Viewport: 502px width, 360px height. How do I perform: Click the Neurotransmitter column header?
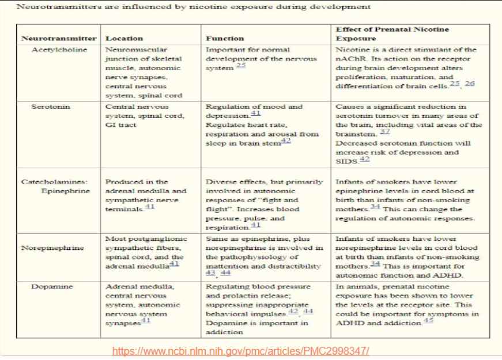coord(59,39)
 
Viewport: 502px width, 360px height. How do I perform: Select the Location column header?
coord(124,39)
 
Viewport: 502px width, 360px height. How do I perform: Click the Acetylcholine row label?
coord(60,50)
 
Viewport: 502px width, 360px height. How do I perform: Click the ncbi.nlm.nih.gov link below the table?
coord(240,351)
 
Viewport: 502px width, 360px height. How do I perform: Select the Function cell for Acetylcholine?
coord(248,58)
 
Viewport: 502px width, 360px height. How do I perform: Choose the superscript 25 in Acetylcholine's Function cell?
coord(241,66)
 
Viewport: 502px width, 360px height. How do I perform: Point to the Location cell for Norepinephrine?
coord(145,252)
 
